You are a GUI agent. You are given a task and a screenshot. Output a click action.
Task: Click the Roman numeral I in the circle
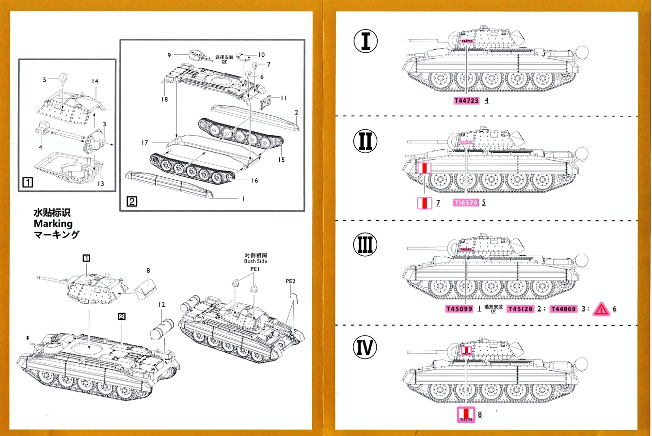366,41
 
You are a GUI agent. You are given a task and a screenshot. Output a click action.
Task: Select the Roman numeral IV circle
365,347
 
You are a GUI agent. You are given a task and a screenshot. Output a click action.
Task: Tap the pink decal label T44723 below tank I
466,101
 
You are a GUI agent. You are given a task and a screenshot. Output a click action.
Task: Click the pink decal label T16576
466,202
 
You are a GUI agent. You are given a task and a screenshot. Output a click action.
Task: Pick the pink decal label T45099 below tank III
459,309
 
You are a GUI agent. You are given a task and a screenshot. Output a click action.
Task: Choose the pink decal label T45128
520,309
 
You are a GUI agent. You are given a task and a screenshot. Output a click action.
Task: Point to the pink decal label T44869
564,309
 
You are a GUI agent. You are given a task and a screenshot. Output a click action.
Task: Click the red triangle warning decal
601,309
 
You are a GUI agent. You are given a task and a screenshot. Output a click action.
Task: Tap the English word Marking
53,223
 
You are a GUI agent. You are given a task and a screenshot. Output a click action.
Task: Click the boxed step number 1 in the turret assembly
28,182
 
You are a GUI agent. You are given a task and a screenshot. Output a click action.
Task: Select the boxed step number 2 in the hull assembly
132,201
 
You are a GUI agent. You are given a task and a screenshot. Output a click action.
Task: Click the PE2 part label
290,281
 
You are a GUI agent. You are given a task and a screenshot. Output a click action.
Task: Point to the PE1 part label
255,269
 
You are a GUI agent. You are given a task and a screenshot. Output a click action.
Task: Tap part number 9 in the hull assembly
169,55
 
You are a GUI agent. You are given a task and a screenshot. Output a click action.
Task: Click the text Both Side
255,261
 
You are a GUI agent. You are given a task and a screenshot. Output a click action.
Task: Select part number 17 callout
144,142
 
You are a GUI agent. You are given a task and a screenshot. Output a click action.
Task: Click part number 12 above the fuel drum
161,305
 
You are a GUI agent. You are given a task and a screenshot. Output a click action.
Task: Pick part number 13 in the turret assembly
100,184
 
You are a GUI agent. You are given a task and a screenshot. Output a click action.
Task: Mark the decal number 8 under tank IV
480,414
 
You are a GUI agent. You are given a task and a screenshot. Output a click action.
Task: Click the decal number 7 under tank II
438,202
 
